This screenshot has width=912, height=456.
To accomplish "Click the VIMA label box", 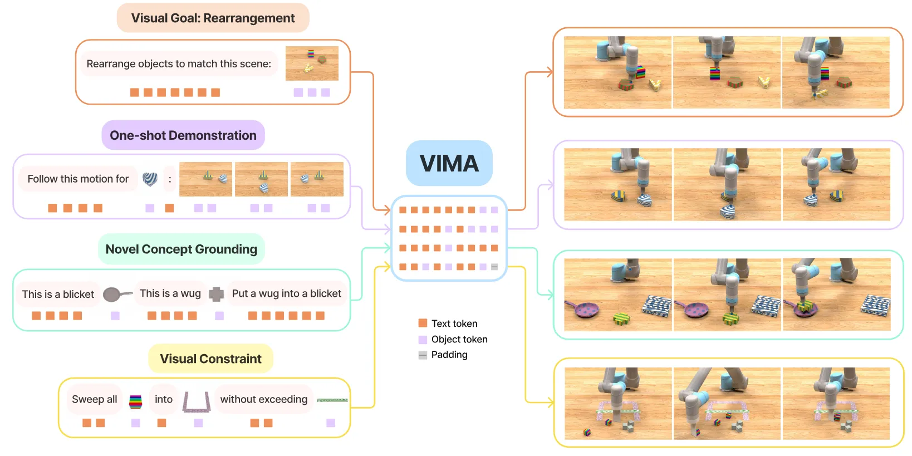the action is (x=449, y=163).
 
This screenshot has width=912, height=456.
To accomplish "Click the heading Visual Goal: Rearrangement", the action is (x=213, y=18).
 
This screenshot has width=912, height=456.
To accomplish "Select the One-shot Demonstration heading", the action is (x=183, y=135).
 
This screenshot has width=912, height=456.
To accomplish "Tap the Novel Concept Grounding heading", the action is (x=181, y=249).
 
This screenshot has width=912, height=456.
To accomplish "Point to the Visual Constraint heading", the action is (x=210, y=359).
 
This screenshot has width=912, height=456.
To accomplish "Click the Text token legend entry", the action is (x=448, y=323).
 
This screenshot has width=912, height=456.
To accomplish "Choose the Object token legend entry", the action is (x=453, y=339).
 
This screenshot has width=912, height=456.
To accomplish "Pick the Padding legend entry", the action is (x=443, y=355).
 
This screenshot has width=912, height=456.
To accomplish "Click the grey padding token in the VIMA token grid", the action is (x=494, y=267).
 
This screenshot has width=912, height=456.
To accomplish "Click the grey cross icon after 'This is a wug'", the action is (x=216, y=294).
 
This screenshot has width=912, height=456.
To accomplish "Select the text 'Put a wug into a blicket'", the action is (x=287, y=293).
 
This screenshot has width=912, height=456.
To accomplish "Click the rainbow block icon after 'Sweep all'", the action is (x=136, y=401).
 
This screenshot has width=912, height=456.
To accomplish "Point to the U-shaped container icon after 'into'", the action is (x=196, y=409).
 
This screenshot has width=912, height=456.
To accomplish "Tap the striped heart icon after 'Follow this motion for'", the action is (x=150, y=179).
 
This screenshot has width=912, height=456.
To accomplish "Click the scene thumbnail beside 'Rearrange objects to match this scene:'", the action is (x=312, y=63).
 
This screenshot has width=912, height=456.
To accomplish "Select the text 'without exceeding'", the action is (x=264, y=399).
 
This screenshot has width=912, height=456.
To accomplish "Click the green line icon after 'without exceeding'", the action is (x=332, y=400).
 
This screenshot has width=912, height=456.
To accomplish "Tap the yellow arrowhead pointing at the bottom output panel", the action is (x=550, y=403).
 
